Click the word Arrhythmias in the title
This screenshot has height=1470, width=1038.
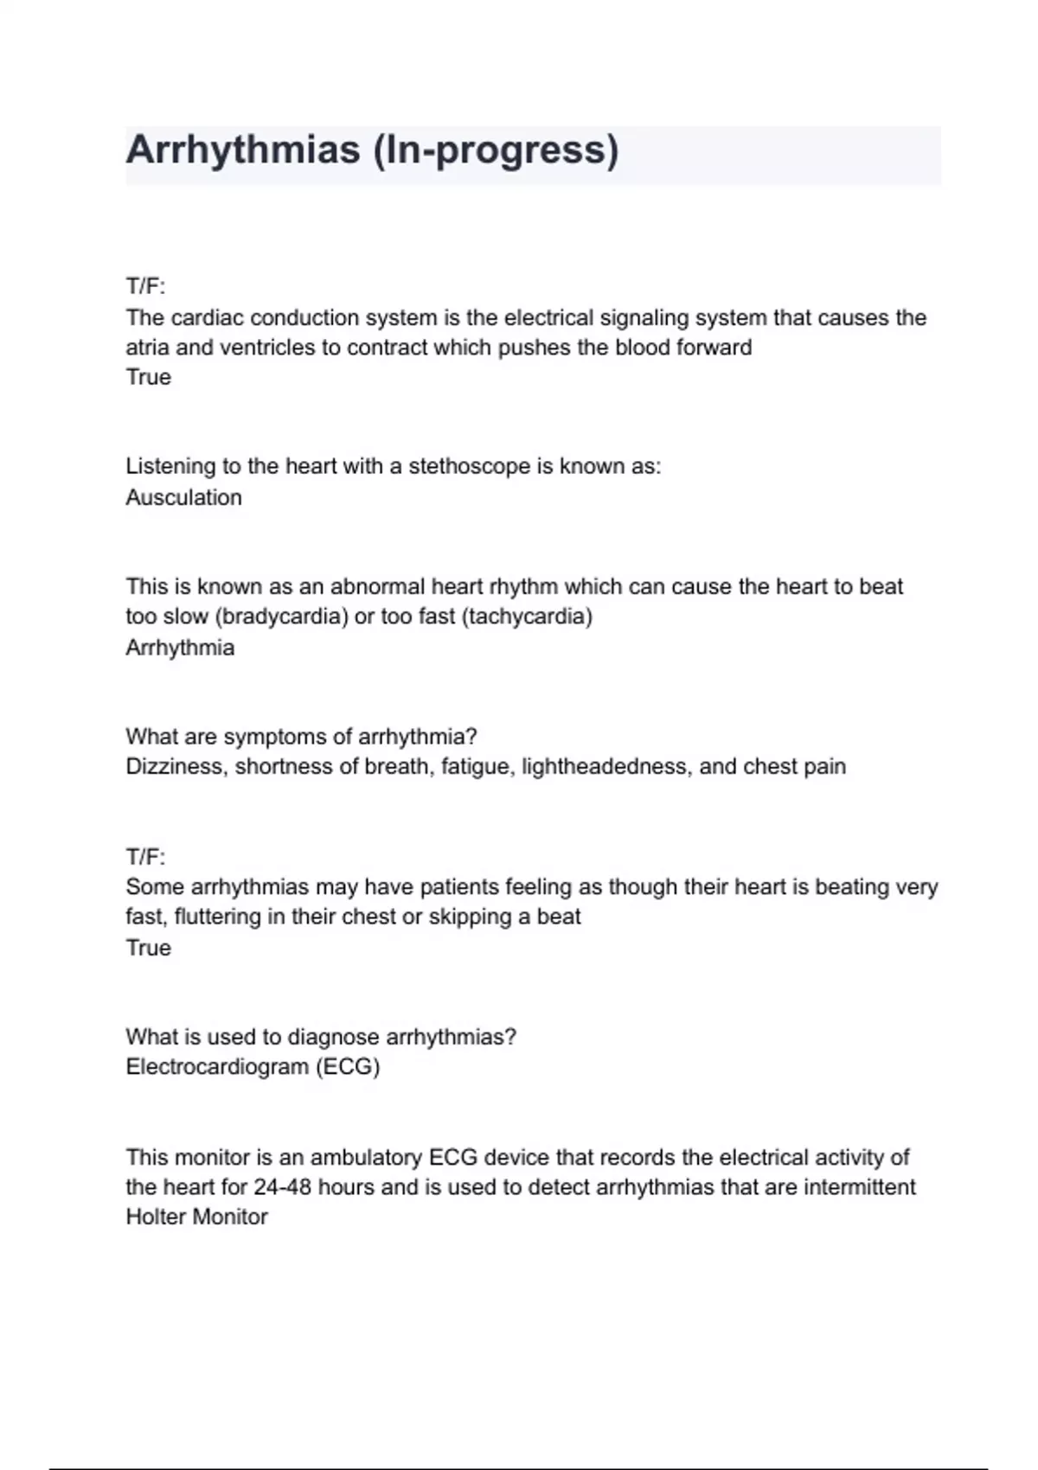243,150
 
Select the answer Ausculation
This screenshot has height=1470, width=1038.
183,497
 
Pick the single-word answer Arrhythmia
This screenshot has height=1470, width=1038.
180,648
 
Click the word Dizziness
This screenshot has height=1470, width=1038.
176,766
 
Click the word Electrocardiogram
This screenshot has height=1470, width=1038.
217,1066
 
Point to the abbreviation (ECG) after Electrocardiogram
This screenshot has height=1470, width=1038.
348,1066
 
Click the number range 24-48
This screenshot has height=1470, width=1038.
282,1186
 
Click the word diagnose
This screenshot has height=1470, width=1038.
333,1037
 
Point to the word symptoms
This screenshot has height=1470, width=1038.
274,737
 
